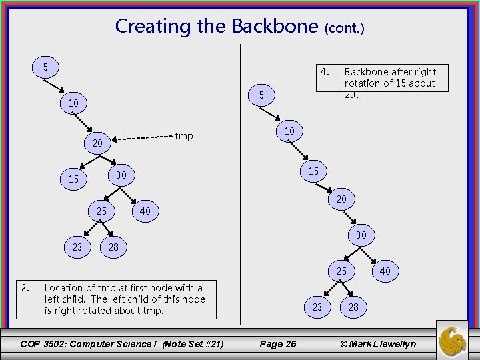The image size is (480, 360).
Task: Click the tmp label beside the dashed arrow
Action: pos(183,136)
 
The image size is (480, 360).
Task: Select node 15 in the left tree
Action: pos(73,179)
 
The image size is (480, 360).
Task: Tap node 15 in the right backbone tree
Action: pos(313,171)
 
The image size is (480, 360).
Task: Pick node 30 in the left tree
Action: pos(121,175)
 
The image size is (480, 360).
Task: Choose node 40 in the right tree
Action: pos(385,271)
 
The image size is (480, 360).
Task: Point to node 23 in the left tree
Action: pos(77,247)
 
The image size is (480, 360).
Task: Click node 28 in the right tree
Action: pos(353,307)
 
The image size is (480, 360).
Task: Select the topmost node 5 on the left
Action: pos(45,67)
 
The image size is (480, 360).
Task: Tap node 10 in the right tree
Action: pos(289,131)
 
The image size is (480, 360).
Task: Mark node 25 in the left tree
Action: pos(101,211)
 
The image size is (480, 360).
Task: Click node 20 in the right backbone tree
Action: pos(341,199)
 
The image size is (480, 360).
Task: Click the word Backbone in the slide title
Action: pos(275,27)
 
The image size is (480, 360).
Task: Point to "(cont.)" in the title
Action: pos(344,28)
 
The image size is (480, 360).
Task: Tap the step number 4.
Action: pos(324,71)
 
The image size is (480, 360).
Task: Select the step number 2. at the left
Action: pos(25,288)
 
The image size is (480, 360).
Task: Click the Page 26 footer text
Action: pos(277,344)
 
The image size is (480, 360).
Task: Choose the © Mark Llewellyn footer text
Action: pos(378,344)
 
